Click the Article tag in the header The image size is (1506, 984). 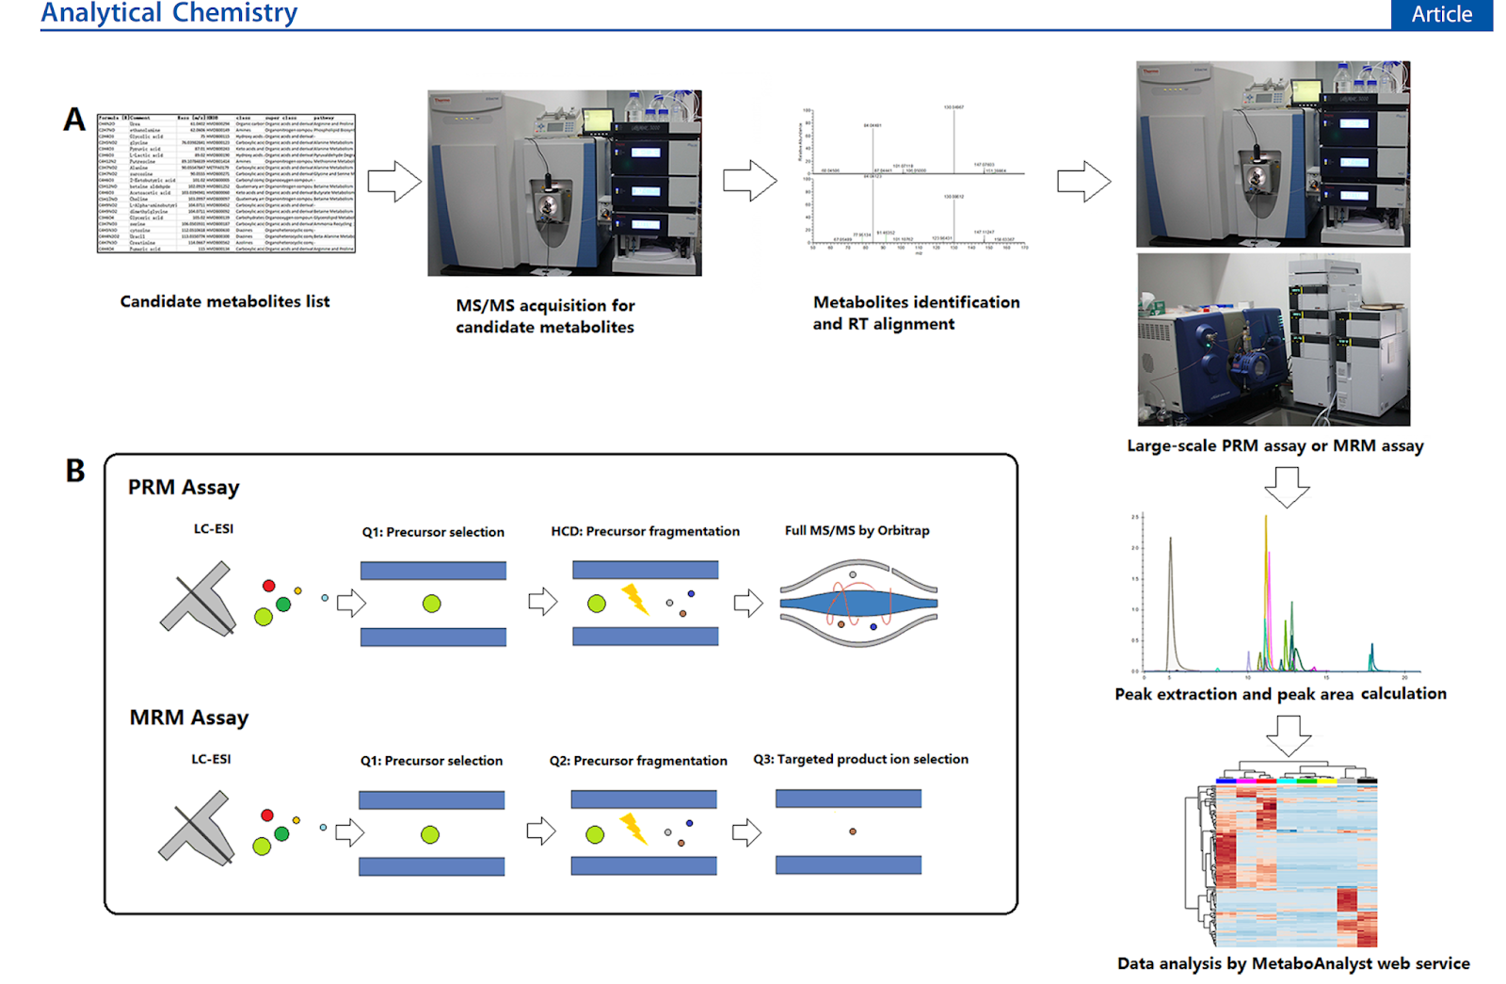(1441, 14)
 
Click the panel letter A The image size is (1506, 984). (74, 120)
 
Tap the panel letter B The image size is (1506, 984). (75, 470)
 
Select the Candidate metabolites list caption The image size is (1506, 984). (225, 301)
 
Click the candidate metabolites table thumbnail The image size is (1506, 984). (226, 184)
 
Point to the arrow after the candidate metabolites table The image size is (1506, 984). (393, 182)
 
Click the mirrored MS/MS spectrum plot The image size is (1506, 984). (914, 177)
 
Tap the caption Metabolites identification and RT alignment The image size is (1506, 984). (916, 313)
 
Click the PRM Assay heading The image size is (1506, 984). (184, 487)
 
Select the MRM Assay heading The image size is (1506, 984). (189, 718)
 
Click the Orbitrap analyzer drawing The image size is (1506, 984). (858, 603)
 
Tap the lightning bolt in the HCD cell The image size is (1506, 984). (635, 599)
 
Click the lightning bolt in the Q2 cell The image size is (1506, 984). (633, 829)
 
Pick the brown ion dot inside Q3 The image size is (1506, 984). (853, 831)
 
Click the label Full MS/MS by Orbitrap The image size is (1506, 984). (857, 530)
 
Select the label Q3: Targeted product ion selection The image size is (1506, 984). (860, 759)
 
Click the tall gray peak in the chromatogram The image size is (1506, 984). (1171, 603)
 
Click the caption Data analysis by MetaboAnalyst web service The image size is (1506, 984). (1293, 963)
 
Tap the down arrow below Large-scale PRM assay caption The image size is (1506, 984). (1287, 486)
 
